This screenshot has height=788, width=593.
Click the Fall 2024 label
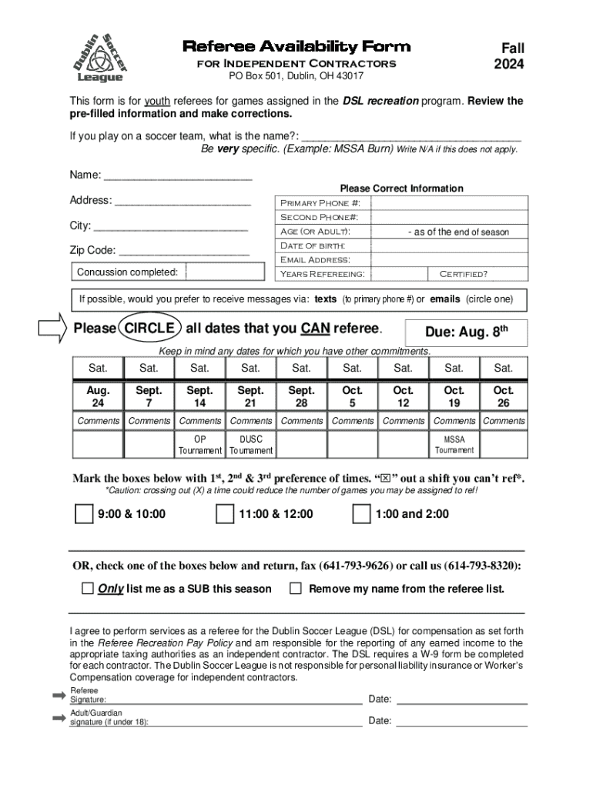(x=508, y=56)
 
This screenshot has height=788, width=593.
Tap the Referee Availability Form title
(x=296, y=47)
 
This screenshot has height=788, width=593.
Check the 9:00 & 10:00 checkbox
(x=84, y=514)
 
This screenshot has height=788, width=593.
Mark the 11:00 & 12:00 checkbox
(x=224, y=514)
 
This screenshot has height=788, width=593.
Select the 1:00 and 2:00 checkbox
(x=360, y=514)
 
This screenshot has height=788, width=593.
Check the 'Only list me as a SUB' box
(x=87, y=589)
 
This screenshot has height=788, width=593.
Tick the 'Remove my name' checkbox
(x=295, y=589)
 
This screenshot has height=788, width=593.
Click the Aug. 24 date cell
(x=98, y=396)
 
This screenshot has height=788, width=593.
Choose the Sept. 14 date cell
(x=199, y=396)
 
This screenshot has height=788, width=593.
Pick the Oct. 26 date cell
(x=504, y=396)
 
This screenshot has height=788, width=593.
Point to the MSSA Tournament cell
(x=454, y=445)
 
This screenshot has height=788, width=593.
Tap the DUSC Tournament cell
(x=250, y=445)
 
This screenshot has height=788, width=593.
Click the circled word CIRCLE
(x=150, y=329)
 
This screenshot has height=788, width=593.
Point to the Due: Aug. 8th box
(x=466, y=332)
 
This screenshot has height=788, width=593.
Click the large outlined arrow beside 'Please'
(x=54, y=329)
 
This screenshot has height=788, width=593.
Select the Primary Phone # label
(x=320, y=203)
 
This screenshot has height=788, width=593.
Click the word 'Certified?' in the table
(x=463, y=274)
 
